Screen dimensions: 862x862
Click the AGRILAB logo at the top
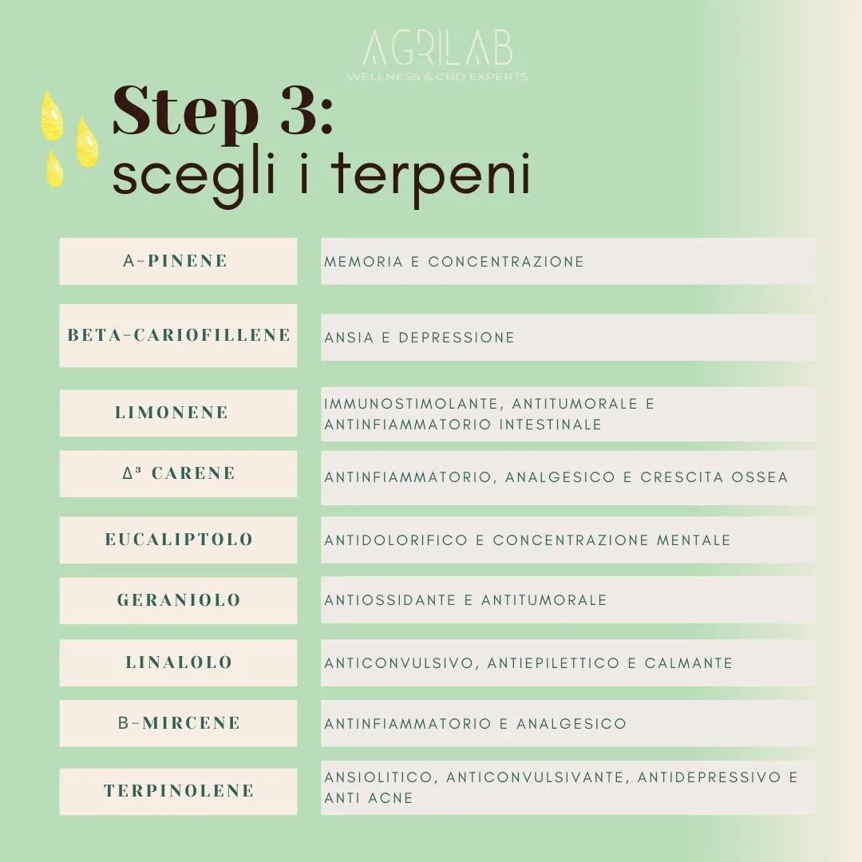click(x=437, y=54)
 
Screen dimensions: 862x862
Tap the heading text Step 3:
click(x=223, y=112)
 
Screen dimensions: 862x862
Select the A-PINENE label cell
click(x=178, y=261)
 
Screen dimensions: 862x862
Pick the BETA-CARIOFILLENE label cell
click(x=178, y=335)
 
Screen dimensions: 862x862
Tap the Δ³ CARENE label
click(x=178, y=473)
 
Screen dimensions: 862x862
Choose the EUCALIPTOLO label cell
click(x=178, y=540)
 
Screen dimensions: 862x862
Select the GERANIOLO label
click(x=178, y=600)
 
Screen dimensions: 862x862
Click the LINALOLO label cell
click(x=178, y=662)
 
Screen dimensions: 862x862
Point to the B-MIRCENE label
click(x=178, y=723)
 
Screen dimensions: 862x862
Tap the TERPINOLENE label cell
click(x=178, y=791)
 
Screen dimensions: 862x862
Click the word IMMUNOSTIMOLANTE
click(x=413, y=404)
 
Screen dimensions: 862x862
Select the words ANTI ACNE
click(x=368, y=798)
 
